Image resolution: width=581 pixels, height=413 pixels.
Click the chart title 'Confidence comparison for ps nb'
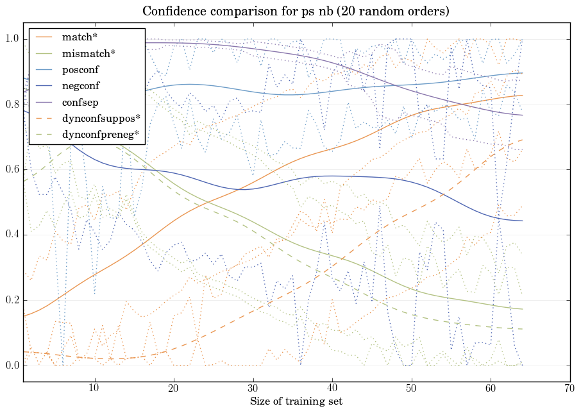[x=296, y=12]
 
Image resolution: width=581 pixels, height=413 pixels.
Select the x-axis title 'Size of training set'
[x=296, y=401]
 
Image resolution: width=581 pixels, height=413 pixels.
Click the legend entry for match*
[x=80, y=37]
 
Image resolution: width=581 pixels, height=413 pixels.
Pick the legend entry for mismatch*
[x=88, y=53]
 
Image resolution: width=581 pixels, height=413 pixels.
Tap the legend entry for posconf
[x=80, y=69]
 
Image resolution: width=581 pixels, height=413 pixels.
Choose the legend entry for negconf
[x=80, y=85]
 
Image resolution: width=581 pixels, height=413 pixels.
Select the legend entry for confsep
[x=80, y=101]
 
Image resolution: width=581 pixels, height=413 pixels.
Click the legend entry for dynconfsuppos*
[x=101, y=118]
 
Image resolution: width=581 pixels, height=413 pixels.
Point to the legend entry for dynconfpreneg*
[x=101, y=134]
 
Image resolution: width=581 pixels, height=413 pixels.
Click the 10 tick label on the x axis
[x=94, y=388]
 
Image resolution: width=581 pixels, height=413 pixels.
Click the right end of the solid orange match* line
[x=523, y=95]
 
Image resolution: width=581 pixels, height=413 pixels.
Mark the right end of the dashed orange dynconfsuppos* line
[x=523, y=140]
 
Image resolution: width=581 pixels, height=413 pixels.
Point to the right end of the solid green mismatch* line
[x=523, y=309]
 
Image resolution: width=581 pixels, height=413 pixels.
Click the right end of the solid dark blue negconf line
[x=523, y=221]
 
